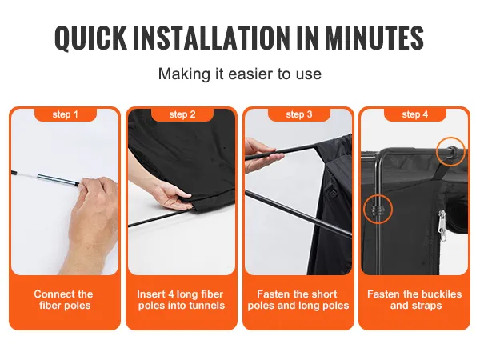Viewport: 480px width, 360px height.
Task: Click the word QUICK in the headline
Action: [90, 38]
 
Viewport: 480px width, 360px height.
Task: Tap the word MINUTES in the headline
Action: [374, 38]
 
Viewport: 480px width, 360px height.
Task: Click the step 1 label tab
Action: [66, 114]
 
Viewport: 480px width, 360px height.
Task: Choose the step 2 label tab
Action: [182, 114]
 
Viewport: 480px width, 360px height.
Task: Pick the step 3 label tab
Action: [299, 114]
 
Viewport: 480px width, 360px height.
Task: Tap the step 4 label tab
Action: [415, 114]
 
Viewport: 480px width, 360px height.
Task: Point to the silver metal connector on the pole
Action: [58, 180]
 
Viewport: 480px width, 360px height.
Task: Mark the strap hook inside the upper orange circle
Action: [450, 152]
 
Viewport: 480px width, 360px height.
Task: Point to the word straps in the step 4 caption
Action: [426, 306]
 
